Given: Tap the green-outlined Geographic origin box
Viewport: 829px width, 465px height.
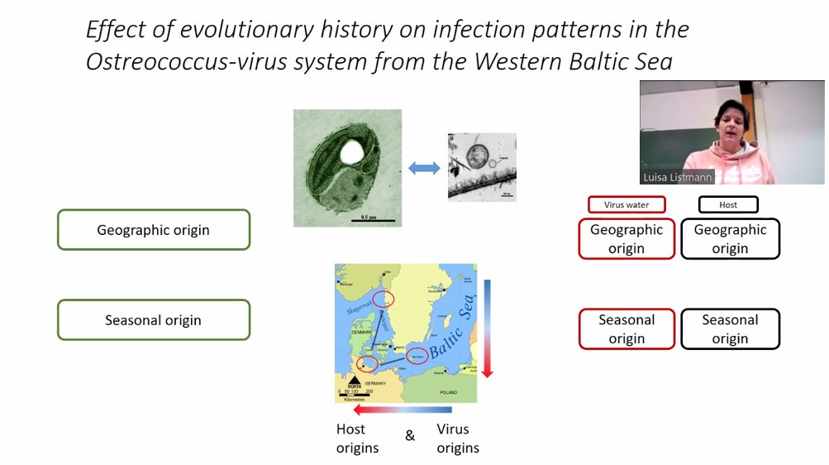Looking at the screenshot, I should tap(153, 230).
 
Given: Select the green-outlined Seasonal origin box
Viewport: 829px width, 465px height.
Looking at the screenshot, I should tap(153, 320).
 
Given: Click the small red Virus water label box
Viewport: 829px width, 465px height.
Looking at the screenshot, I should tap(626, 204).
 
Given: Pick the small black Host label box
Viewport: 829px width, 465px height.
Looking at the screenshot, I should tap(728, 204).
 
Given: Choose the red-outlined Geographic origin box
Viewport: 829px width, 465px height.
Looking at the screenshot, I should tap(627, 239).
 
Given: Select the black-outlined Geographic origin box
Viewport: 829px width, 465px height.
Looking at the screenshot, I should tap(730, 239).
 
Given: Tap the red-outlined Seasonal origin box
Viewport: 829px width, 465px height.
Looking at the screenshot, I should tap(627, 329).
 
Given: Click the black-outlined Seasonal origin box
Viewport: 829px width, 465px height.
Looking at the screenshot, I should tap(730, 329).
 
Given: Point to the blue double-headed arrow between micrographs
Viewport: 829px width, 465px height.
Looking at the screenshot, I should tap(424, 168).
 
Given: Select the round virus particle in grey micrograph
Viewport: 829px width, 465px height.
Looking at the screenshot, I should tap(477, 156).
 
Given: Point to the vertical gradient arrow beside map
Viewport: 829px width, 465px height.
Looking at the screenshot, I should tap(487, 328).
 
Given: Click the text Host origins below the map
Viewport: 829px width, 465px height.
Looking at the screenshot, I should tap(357, 439).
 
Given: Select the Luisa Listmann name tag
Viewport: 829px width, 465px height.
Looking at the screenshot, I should tap(677, 177).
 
